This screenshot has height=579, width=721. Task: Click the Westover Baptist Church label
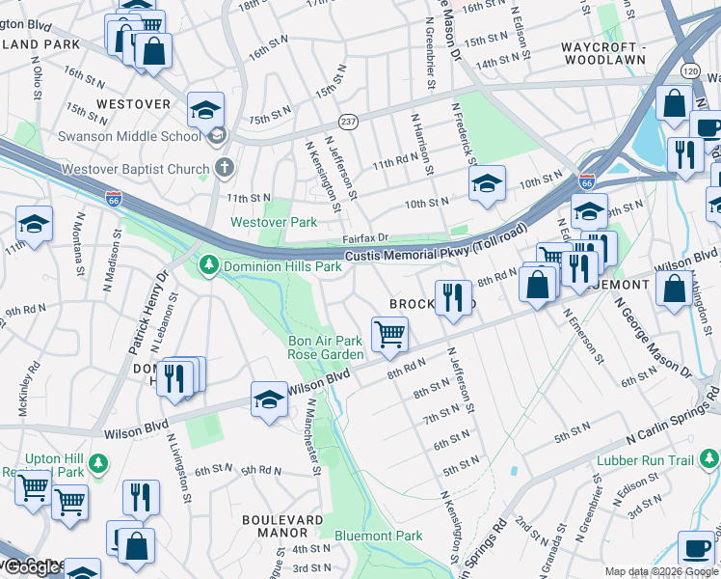135,169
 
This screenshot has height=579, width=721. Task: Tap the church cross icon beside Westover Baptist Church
224,168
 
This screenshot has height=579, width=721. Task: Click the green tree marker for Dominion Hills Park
207,263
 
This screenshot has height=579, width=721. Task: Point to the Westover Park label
274,222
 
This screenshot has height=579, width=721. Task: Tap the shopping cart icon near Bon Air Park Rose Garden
389,334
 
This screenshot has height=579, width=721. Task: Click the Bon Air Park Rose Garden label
326,347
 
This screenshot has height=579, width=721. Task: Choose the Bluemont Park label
378,536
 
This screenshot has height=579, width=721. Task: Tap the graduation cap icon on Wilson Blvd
269,400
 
